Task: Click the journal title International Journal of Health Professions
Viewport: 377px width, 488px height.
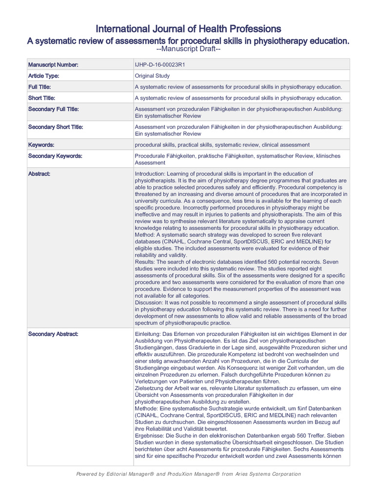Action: (x=188, y=28)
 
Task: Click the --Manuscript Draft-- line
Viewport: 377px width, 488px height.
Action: (x=188, y=49)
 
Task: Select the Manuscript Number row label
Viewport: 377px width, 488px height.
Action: (x=53, y=64)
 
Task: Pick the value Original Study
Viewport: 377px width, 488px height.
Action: (x=152, y=76)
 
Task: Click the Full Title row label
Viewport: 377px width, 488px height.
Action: (x=42, y=87)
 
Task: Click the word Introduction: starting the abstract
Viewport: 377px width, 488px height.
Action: (x=151, y=173)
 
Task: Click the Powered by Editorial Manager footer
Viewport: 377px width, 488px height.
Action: (x=188, y=474)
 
